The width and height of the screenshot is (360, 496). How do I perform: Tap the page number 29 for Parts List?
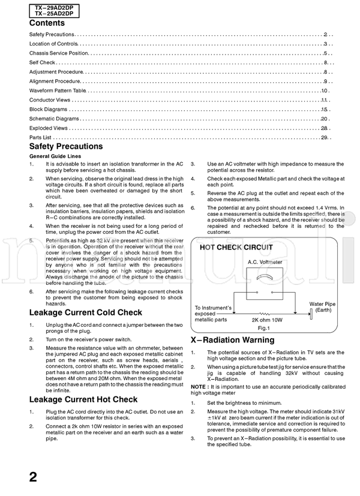[324, 137]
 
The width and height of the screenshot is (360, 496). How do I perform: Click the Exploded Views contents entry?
[48, 128]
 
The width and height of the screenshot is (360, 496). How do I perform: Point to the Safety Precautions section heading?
[66, 147]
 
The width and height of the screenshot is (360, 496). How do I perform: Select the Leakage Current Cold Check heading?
[86, 312]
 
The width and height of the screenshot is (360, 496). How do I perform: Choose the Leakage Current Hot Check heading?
[83, 399]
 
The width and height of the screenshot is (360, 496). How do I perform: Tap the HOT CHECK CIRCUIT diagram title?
[236, 247]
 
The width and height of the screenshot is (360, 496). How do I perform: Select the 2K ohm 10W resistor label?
[265, 320]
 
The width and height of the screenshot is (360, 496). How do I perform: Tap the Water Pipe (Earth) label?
[322, 307]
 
